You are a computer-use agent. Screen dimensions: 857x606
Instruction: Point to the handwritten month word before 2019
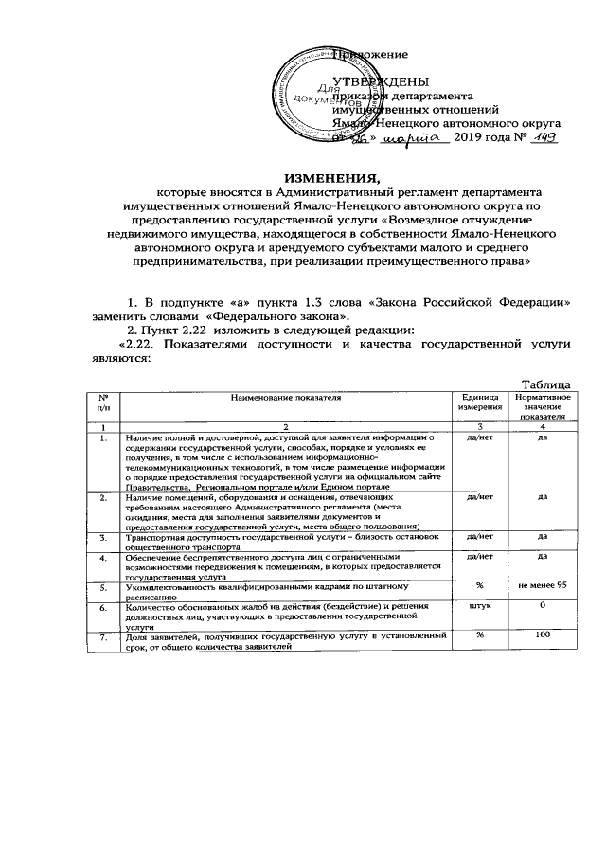[x=418, y=138]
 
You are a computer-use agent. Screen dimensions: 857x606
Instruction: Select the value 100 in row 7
[x=544, y=635]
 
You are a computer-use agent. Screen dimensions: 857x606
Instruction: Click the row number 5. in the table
[x=102, y=588]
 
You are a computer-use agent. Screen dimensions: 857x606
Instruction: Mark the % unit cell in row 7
[x=480, y=635]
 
